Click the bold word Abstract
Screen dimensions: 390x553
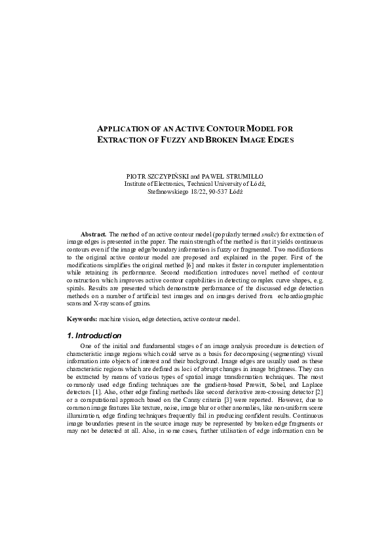pyautogui.click(x=94, y=234)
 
